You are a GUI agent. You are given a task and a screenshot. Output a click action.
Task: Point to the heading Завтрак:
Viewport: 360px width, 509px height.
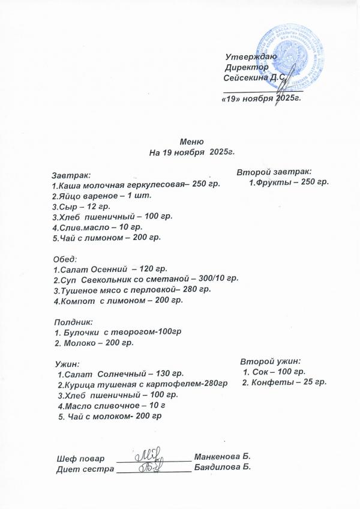(x=71, y=175)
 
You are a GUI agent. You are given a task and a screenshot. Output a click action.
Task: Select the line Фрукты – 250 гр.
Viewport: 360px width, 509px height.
(x=289, y=181)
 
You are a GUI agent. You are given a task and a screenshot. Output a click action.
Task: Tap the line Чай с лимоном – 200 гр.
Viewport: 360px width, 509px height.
(x=107, y=238)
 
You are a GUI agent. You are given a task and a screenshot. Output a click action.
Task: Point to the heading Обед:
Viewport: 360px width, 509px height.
(x=65, y=259)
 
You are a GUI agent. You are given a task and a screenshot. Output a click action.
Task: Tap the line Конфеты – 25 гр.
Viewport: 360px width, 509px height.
(x=284, y=382)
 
